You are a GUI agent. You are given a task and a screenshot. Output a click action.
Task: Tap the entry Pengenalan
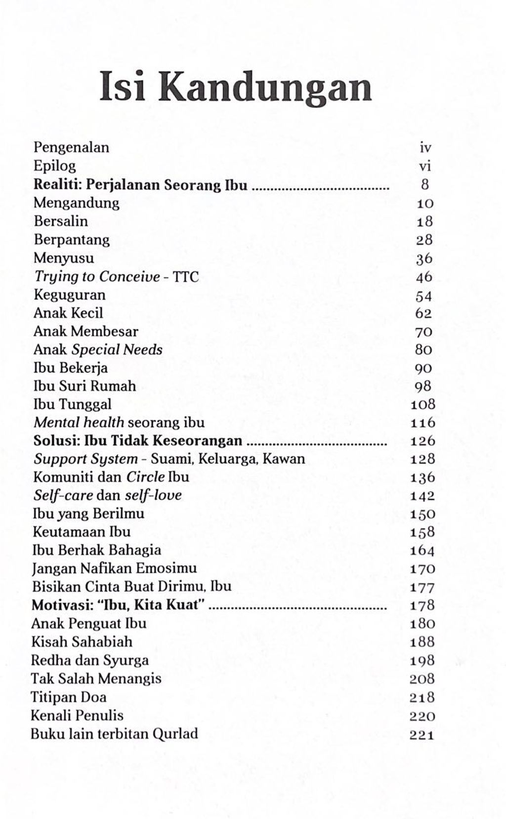point(71,147)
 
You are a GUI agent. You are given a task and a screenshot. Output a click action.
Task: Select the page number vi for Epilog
point(425,166)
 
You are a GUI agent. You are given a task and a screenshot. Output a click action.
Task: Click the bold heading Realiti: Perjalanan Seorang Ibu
point(140,184)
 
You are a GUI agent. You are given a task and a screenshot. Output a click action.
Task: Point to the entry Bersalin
point(60,221)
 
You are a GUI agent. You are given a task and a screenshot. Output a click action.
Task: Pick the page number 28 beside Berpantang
point(424,240)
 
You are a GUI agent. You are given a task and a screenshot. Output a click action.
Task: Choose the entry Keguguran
point(69,295)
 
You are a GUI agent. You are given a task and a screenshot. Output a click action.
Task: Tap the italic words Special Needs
point(117,350)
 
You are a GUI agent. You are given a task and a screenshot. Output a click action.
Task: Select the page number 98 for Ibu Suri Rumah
point(423,387)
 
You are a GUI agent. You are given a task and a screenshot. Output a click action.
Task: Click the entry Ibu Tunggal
point(72,404)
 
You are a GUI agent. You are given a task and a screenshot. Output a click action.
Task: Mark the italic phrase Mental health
point(79,423)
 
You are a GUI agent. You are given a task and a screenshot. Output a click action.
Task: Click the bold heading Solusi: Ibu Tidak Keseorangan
point(137,441)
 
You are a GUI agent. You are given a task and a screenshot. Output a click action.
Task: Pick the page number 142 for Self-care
point(422,496)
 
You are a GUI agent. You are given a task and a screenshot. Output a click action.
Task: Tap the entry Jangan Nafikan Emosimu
point(114,568)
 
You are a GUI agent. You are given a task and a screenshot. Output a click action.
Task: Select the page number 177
point(422,587)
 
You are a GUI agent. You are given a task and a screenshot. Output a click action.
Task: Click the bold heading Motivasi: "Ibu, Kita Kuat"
point(118,605)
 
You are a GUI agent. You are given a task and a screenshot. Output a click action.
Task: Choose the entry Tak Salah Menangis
point(96,679)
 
